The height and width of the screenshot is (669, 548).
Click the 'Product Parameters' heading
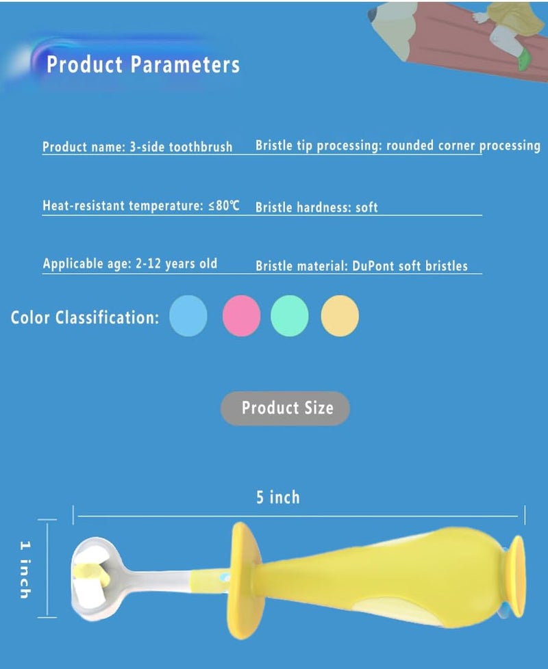[143, 65]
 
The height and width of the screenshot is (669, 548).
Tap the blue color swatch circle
[188, 315]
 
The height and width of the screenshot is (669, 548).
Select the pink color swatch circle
[241, 315]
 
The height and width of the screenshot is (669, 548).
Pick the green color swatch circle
[290, 315]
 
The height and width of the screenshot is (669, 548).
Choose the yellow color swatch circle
[340, 315]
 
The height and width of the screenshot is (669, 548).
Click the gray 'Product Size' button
[285, 408]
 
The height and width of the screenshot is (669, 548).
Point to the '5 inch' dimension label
[278, 497]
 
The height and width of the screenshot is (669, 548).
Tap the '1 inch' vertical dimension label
[25, 568]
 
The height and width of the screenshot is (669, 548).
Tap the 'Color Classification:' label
[85, 317]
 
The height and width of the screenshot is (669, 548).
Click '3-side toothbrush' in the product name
[181, 147]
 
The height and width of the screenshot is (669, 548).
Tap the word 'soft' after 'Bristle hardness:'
[366, 207]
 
